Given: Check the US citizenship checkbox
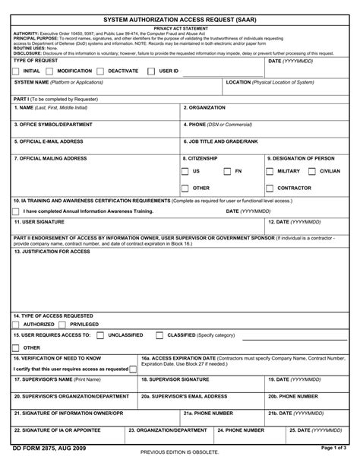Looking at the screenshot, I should tap(185, 171).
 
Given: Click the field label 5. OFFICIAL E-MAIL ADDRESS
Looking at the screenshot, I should tap(49, 141).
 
